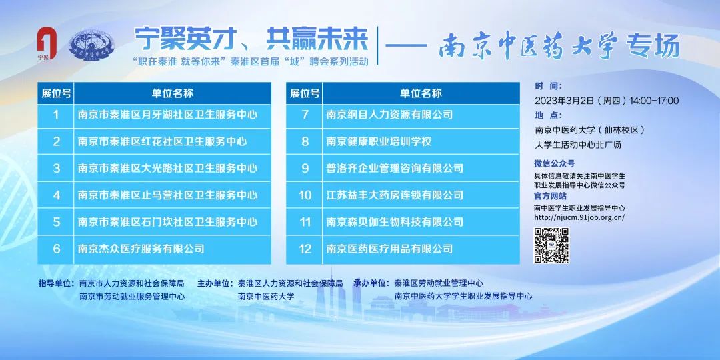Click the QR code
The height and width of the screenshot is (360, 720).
(x=551, y=245)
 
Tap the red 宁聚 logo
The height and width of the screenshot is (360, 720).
(x=47, y=43)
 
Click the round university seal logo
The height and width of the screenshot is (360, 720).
(x=91, y=46)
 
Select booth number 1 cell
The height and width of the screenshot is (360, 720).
(x=56, y=115)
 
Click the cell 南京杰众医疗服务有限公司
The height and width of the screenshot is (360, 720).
(x=173, y=249)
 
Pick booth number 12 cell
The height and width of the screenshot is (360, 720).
(x=305, y=249)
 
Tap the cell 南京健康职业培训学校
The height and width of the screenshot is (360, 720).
(x=421, y=141)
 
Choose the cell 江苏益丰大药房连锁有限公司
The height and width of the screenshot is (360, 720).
(x=421, y=195)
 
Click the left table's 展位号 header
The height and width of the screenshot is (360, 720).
(x=56, y=93)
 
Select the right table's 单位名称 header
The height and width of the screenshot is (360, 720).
(x=421, y=93)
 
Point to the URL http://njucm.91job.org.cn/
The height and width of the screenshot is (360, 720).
(x=579, y=217)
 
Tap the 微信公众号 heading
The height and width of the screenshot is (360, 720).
(x=554, y=164)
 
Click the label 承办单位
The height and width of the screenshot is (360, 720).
(x=371, y=283)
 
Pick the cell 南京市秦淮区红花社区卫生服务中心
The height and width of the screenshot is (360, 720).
(x=173, y=141)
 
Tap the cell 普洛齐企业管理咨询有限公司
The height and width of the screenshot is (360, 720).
(x=421, y=169)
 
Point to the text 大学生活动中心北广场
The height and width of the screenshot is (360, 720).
(x=577, y=145)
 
